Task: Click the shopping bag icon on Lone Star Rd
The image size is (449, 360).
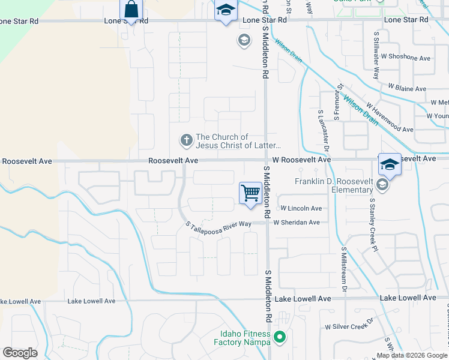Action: (x=131, y=10)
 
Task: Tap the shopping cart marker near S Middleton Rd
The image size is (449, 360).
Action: (x=250, y=194)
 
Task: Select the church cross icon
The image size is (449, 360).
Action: (x=186, y=141)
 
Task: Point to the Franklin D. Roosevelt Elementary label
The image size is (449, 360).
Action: (x=334, y=186)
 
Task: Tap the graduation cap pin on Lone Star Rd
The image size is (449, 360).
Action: (x=226, y=11)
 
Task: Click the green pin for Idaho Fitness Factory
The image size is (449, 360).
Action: (x=279, y=338)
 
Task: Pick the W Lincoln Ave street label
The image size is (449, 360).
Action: (x=298, y=209)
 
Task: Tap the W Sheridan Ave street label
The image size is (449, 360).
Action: (x=297, y=223)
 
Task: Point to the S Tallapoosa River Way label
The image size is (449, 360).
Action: (x=218, y=225)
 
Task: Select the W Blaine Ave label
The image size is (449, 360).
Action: (x=407, y=89)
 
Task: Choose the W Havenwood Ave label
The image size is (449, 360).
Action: (x=390, y=119)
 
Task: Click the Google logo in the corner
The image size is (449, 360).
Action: (x=20, y=353)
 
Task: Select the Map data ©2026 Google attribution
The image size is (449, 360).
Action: (x=412, y=355)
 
